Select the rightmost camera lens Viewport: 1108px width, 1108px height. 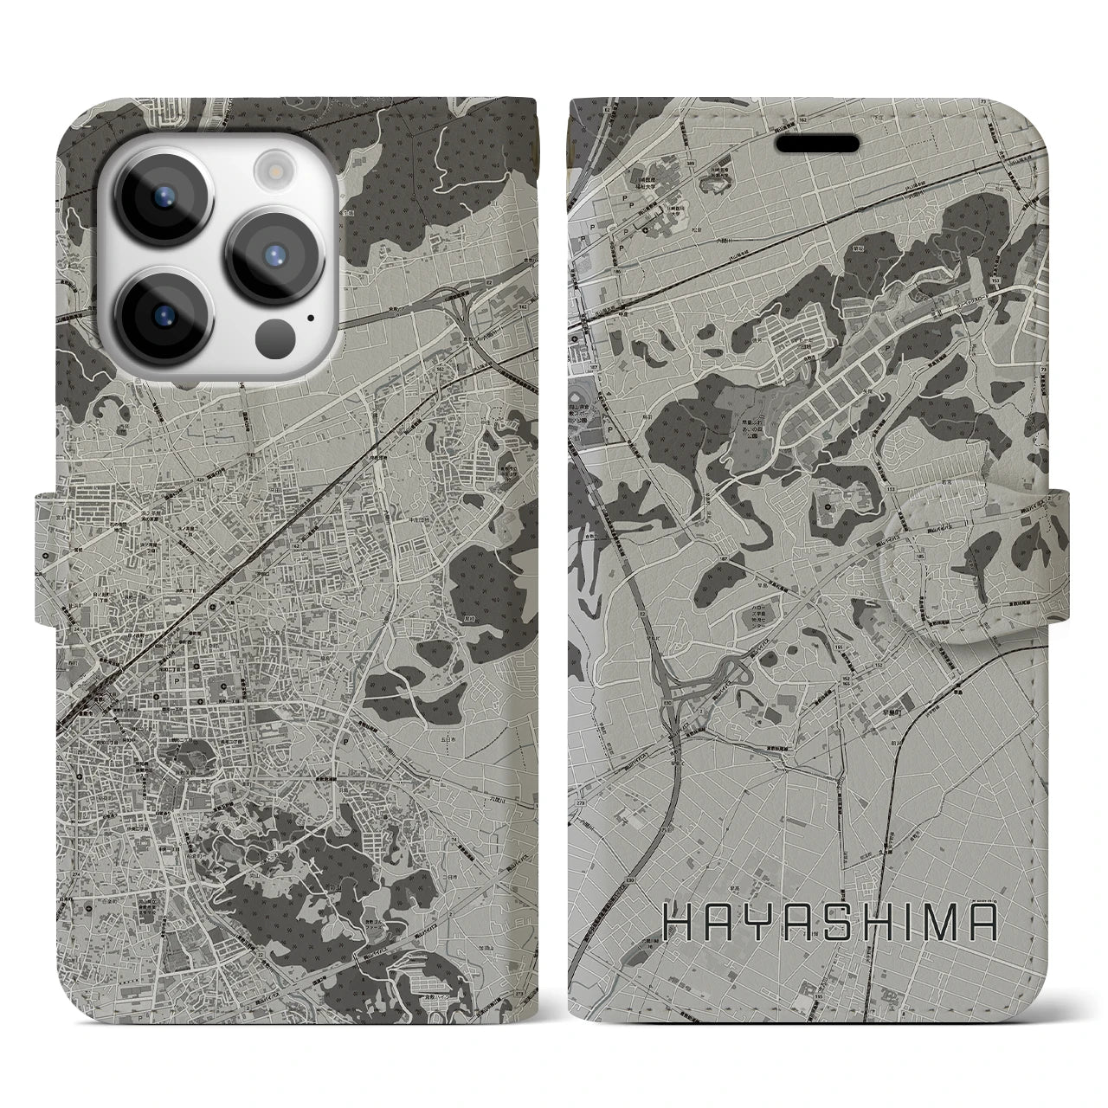coord(272,254)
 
